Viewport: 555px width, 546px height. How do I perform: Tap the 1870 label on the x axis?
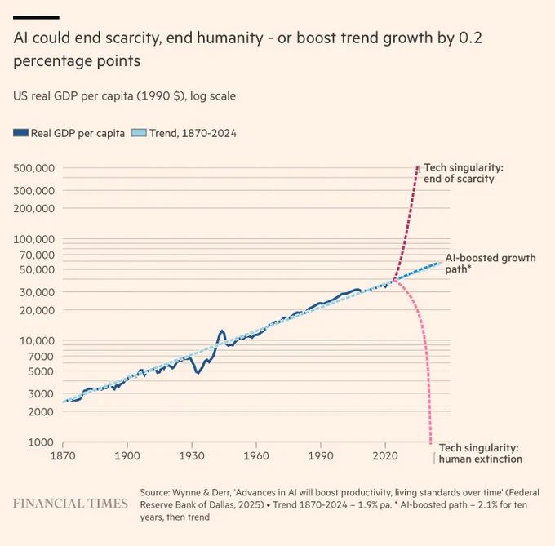(x=63, y=455)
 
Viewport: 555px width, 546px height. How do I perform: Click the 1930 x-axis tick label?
(x=192, y=455)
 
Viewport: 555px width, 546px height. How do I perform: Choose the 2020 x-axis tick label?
(x=384, y=455)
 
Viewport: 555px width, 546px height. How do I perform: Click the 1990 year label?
(x=321, y=455)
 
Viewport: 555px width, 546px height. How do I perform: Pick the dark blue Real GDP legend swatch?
(x=20, y=133)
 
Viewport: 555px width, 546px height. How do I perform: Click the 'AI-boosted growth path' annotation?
(x=490, y=263)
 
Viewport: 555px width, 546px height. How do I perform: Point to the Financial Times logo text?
(x=70, y=503)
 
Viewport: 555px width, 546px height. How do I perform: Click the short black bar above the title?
(x=36, y=17)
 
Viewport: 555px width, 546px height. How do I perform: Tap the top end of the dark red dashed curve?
(x=419, y=166)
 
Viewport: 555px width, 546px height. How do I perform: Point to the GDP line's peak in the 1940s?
(x=222, y=331)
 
